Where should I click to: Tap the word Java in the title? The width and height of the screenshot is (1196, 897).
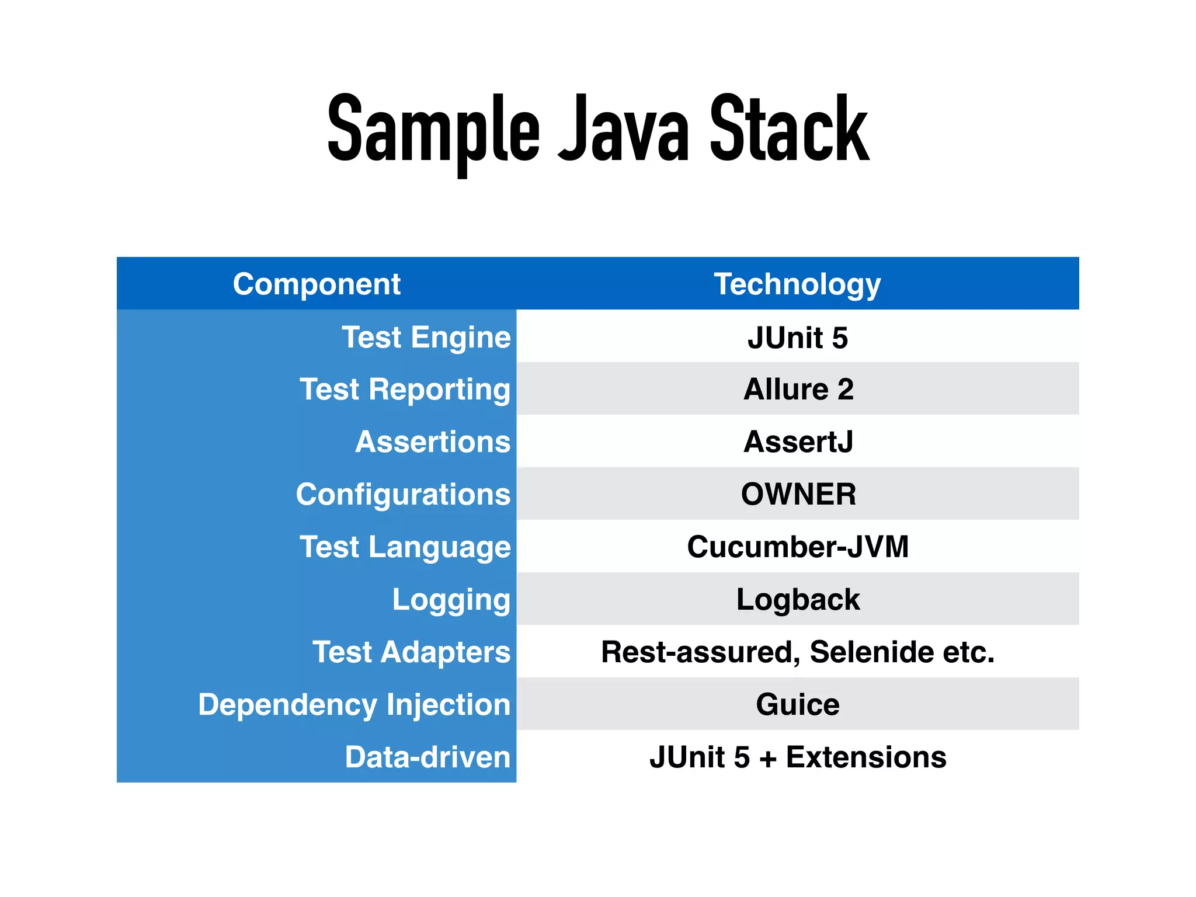click(x=623, y=130)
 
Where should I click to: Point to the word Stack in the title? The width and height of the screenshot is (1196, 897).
click(x=789, y=130)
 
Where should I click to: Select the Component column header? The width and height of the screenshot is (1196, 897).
click(x=317, y=284)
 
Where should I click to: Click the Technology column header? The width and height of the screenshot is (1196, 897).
click(x=797, y=284)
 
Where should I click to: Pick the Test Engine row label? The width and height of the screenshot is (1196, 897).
click(x=426, y=338)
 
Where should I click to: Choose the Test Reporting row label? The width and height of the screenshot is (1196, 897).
click(x=405, y=390)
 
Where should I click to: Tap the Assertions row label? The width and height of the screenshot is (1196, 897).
click(x=433, y=442)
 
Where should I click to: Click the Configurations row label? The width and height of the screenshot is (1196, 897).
click(x=403, y=495)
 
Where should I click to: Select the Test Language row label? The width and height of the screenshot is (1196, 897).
click(x=405, y=547)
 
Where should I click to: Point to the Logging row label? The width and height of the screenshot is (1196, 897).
click(x=451, y=600)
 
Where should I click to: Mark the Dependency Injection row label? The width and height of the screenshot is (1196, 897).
click(x=354, y=705)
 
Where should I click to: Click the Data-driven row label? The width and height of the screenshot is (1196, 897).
click(x=427, y=757)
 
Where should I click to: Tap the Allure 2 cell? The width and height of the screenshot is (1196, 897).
click(x=798, y=390)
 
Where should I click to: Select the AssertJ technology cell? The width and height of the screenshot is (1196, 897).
click(x=798, y=442)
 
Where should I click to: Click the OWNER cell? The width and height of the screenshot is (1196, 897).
click(x=798, y=495)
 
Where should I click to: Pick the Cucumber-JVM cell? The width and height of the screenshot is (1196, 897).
click(x=798, y=547)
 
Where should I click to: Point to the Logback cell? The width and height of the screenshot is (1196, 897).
click(x=798, y=600)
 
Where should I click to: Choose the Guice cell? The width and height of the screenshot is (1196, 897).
click(x=798, y=705)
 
